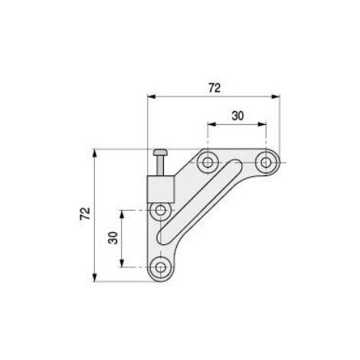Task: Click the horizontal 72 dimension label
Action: pyautogui.click(x=214, y=88)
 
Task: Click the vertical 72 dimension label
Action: pyautogui.click(x=85, y=213)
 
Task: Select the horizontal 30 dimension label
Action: pyautogui.click(x=237, y=116)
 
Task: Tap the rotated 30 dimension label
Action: pyautogui.click(x=113, y=238)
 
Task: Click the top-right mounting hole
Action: pyautogui.click(x=266, y=162)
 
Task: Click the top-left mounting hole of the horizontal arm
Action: pyautogui.click(x=208, y=162)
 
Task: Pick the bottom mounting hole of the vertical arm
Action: pyautogui.click(x=160, y=267)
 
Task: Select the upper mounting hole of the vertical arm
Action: pyautogui.click(x=160, y=211)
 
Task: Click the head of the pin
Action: pyautogui.click(x=160, y=152)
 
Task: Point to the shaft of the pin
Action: pyautogui.click(x=160, y=165)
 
